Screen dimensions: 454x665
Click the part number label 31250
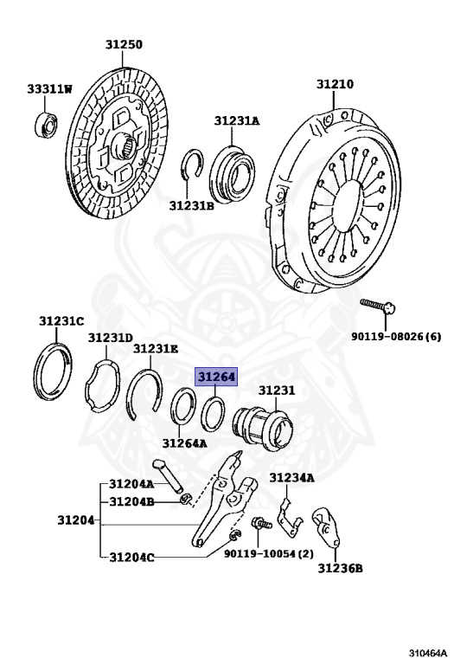pyautogui.click(x=124, y=44)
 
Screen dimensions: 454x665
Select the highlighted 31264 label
pyautogui.click(x=216, y=377)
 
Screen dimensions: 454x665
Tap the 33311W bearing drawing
pyautogui.click(x=46, y=125)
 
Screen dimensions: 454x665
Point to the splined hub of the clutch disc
pyautogui.click(x=126, y=145)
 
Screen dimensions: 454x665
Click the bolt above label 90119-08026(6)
pyautogui.click(x=378, y=307)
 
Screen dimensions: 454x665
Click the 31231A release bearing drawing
pyautogui.click(x=232, y=171)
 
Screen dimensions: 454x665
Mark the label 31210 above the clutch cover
pyautogui.click(x=335, y=84)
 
